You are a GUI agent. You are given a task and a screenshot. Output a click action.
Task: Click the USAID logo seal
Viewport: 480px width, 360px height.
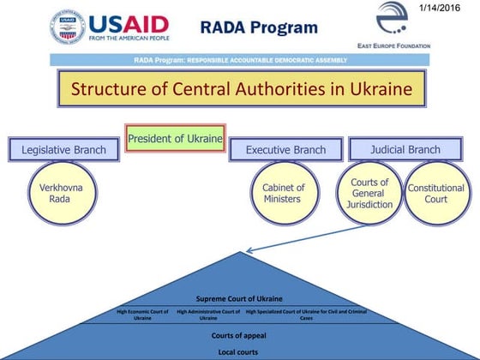tap(68, 27)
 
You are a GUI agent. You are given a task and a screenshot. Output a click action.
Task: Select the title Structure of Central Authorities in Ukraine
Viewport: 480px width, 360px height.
tap(242, 89)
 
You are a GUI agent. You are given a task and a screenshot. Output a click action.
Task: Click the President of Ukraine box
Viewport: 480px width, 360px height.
tap(176, 138)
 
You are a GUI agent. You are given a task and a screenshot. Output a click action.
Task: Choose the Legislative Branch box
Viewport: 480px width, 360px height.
tap(63, 150)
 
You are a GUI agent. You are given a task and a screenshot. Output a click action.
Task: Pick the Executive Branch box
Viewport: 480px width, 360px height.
tap(285, 150)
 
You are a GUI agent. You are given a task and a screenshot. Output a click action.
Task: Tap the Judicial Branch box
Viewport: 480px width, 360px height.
tap(405, 149)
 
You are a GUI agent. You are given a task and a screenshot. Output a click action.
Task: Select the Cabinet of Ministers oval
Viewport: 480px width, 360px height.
tap(283, 194)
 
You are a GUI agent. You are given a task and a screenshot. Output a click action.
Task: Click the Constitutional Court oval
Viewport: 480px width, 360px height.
tap(436, 194)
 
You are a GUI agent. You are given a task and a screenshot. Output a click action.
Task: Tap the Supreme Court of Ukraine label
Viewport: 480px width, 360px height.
tap(239, 298)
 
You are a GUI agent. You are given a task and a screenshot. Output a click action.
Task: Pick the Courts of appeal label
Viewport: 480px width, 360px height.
tap(239, 335)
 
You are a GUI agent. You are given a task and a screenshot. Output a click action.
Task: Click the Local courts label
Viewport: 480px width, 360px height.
tap(239, 351)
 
